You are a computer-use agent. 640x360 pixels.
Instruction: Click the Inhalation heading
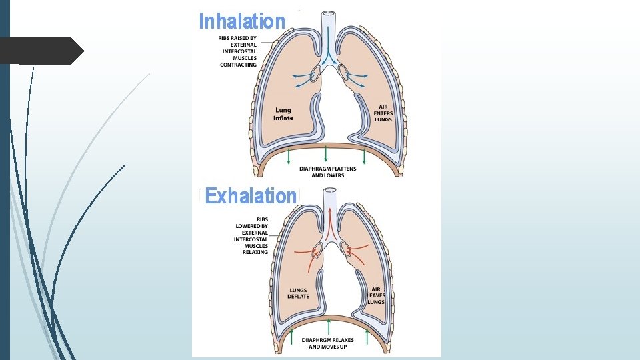coord(242,21)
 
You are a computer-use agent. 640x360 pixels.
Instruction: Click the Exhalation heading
coord(251,196)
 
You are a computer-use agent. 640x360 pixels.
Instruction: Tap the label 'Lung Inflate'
coord(283,114)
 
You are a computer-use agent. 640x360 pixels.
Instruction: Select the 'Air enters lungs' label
coord(383,113)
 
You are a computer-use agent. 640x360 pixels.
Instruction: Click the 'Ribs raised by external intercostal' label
coord(238,51)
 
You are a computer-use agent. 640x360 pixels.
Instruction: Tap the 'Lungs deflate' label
coord(298,293)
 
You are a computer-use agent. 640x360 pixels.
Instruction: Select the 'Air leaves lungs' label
coord(376,295)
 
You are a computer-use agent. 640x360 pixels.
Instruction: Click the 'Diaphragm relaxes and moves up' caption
coord(327,343)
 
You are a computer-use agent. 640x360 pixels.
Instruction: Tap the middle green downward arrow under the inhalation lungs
coord(326,155)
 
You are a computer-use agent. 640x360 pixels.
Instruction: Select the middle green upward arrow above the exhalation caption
coord(329,328)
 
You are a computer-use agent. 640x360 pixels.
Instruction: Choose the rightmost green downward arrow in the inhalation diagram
coord(364,157)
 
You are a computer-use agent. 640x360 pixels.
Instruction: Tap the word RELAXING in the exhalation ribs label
coord(255,252)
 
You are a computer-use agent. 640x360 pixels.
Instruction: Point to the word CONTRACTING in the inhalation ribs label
coord(238,65)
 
